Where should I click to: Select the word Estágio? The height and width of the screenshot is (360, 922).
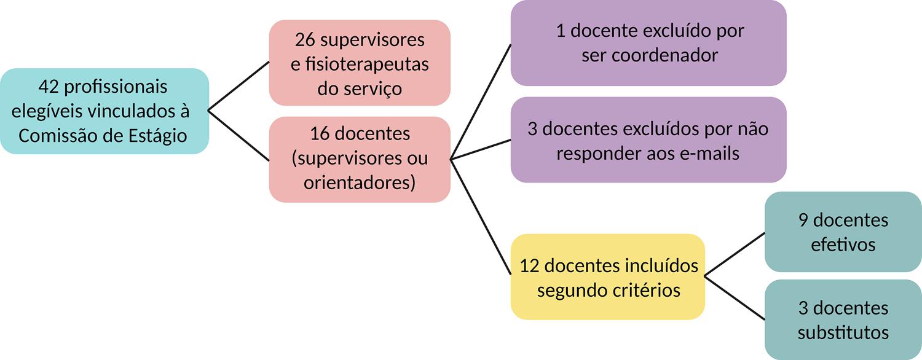156,135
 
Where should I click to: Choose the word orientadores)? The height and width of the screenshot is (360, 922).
360,182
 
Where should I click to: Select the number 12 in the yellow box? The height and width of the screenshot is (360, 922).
530,265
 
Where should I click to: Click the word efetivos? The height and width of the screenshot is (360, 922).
843,244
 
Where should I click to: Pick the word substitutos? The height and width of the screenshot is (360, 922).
843,332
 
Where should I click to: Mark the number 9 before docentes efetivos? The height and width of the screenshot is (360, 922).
803,220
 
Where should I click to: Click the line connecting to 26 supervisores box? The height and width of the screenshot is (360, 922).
239,86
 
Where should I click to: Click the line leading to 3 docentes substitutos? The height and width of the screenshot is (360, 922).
735,298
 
